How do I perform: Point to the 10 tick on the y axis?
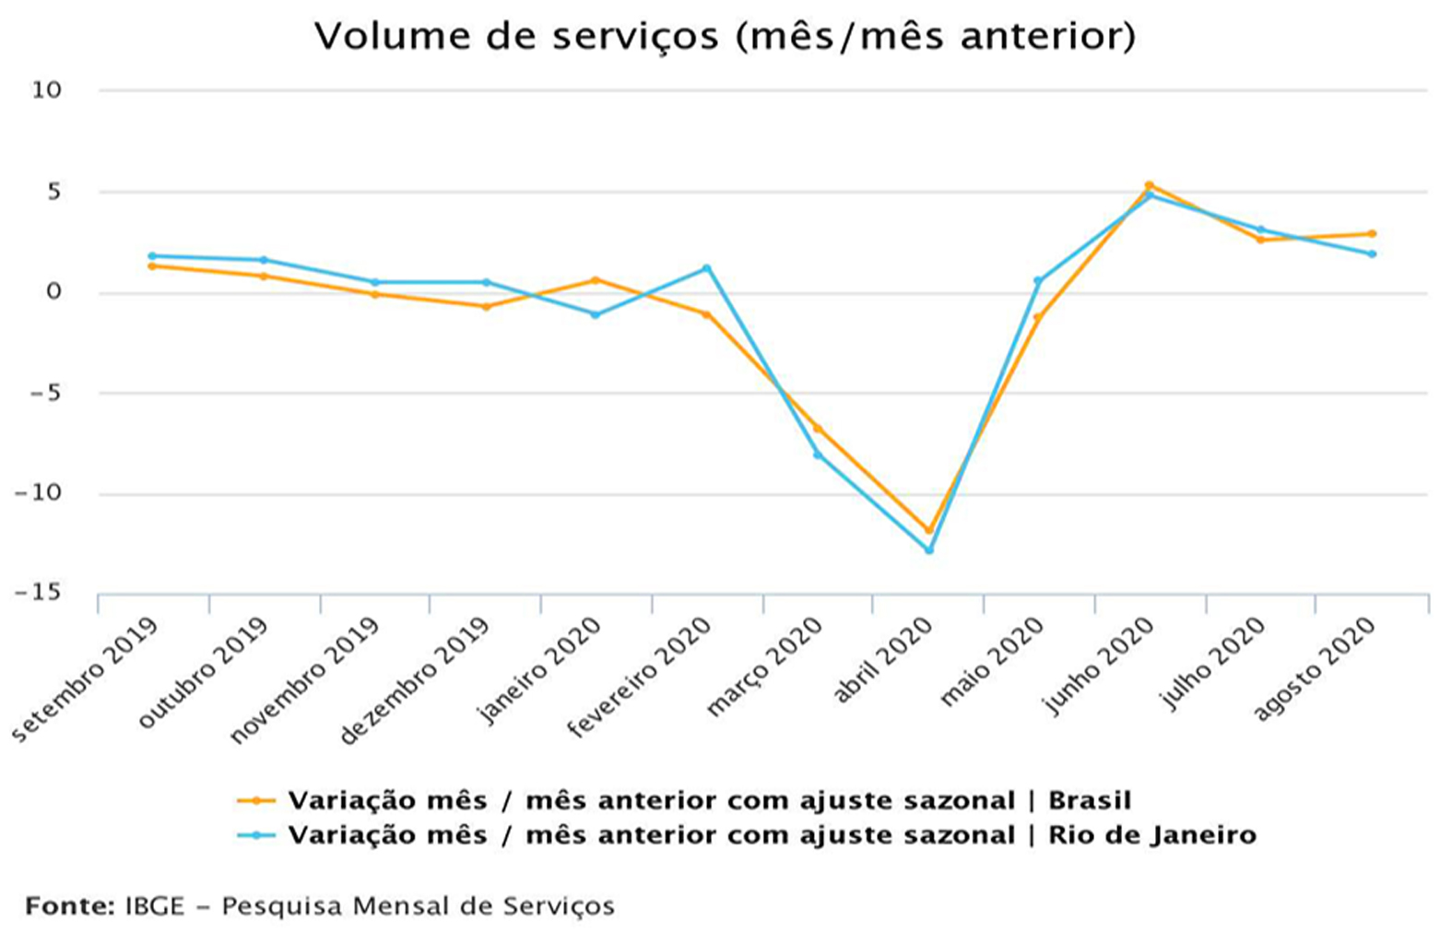point(46,90)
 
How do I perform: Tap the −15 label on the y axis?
point(39,593)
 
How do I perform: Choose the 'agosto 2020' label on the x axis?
point(1316,668)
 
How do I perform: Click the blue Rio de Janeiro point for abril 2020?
point(928,550)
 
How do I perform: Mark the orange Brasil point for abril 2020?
point(928,531)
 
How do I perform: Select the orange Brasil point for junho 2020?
point(1149,185)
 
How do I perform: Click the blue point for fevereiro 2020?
point(707,268)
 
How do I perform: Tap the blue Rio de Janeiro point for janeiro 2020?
point(596,315)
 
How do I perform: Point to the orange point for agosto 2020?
point(1372,233)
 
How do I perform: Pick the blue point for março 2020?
point(818,454)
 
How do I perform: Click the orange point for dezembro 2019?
point(486,306)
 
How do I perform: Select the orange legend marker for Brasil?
point(256,801)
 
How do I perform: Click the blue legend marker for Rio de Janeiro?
point(256,835)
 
